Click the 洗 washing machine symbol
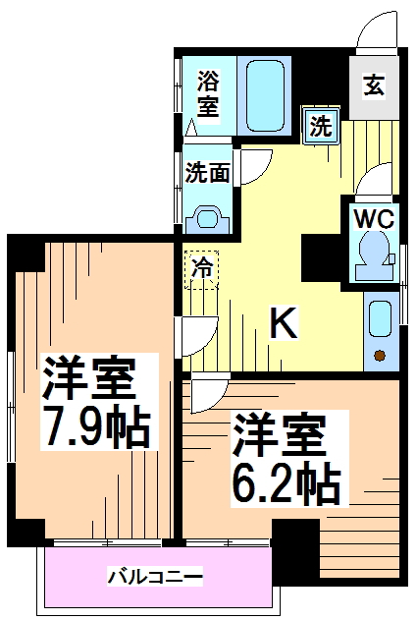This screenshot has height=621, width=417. tap(320, 125)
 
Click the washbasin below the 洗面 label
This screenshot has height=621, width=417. tap(208, 218)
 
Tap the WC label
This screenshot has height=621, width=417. tap(372, 217)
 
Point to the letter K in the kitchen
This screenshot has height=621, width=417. tap(284, 321)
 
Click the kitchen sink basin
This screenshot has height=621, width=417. tap(380, 318)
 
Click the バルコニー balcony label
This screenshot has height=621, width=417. tap(155, 575)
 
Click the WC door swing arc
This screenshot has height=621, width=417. tap(372, 182)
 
